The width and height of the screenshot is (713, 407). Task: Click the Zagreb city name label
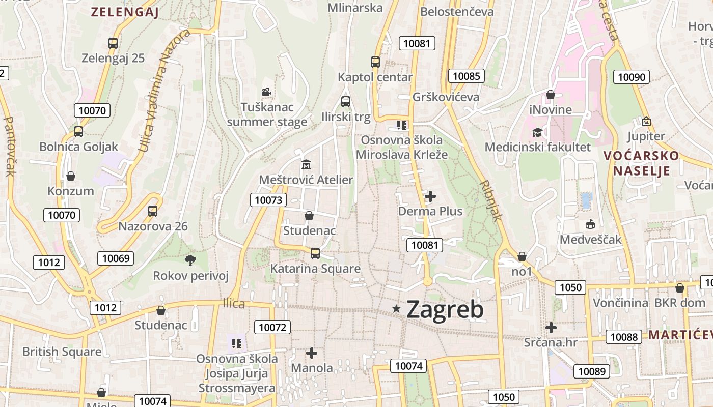click(445, 309)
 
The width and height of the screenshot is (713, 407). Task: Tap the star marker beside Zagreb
click(397, 308)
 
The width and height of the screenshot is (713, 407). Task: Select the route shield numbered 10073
click(268, 200)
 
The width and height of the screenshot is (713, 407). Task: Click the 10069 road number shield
click(116, 258)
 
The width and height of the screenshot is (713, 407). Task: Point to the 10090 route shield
click(632, 77)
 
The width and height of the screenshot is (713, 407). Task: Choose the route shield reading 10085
click(466, 76)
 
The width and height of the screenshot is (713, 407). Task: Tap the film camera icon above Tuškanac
click(266, 92)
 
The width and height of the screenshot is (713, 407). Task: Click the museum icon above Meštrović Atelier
click(306, 165)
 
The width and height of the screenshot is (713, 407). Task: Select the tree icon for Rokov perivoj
click(190, 260)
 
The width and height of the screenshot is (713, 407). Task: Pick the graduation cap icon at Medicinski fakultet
click(537, 133)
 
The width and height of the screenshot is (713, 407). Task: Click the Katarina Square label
click(315, 269)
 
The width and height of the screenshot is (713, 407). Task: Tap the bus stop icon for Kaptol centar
click(375, 62)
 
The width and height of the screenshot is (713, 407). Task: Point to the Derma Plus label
click(430, 211)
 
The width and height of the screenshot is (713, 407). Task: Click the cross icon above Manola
click(312, 353)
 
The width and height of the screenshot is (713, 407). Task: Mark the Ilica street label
click(234, 304)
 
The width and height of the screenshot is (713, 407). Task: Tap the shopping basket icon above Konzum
click(71, 176)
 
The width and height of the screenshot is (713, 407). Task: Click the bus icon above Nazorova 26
click(153, 211)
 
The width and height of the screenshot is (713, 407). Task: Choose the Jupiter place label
click(646, 136)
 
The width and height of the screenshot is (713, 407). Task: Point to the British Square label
click(62, 352)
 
